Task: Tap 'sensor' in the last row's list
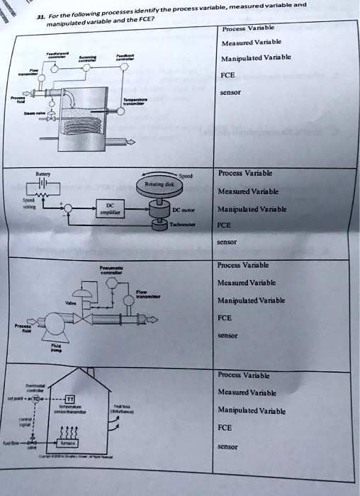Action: coord(229,447)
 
